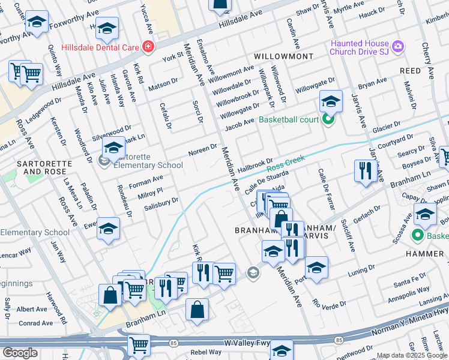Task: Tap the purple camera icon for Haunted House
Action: (x=397, y=46)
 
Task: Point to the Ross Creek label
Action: (x=285, y=163)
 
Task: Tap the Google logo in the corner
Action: (x=20, y=353)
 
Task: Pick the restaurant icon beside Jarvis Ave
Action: (x=365, y=170)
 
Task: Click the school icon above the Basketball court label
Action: (x=330, y=101)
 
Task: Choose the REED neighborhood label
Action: (x=411, y=71)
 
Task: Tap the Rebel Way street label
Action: (x=206, y=352)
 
